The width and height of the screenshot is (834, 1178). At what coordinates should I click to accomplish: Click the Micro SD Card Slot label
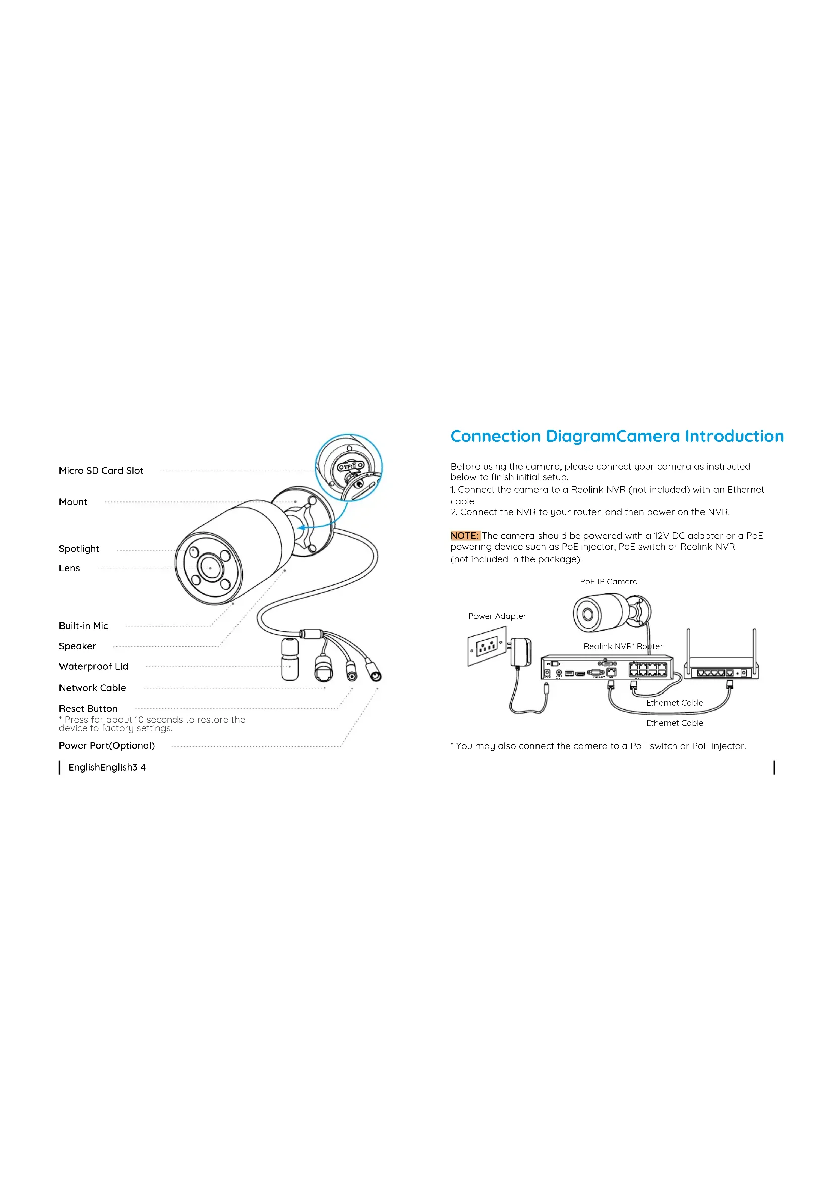(101, 470)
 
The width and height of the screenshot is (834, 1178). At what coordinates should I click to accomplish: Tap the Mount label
(73, 502)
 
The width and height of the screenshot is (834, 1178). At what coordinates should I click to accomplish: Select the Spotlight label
(79, 549)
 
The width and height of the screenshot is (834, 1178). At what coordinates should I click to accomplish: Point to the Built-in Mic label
(83, 626)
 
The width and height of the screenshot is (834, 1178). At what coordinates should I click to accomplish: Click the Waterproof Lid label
(93, 666)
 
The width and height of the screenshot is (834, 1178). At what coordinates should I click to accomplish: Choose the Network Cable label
(92, 688)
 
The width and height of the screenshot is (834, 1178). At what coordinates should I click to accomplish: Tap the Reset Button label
(88, 708)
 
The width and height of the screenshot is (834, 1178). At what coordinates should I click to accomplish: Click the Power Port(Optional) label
(107, 745)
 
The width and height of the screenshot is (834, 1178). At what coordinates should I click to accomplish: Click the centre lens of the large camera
(210, 568)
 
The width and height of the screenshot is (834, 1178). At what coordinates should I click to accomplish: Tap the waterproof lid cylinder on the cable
(290, 659)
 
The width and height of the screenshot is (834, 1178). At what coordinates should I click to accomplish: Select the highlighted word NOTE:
(465, 536)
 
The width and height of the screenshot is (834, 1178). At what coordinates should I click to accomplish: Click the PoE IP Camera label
(609, 581)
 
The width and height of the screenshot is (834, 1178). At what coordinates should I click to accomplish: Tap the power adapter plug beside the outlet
(521, 652)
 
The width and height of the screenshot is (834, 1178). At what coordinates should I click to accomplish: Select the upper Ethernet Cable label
(674, 703)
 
